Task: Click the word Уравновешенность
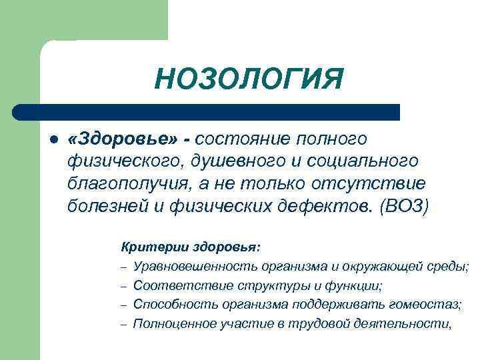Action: click(x=195, y=267)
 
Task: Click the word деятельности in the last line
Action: click(x=406, y=324)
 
